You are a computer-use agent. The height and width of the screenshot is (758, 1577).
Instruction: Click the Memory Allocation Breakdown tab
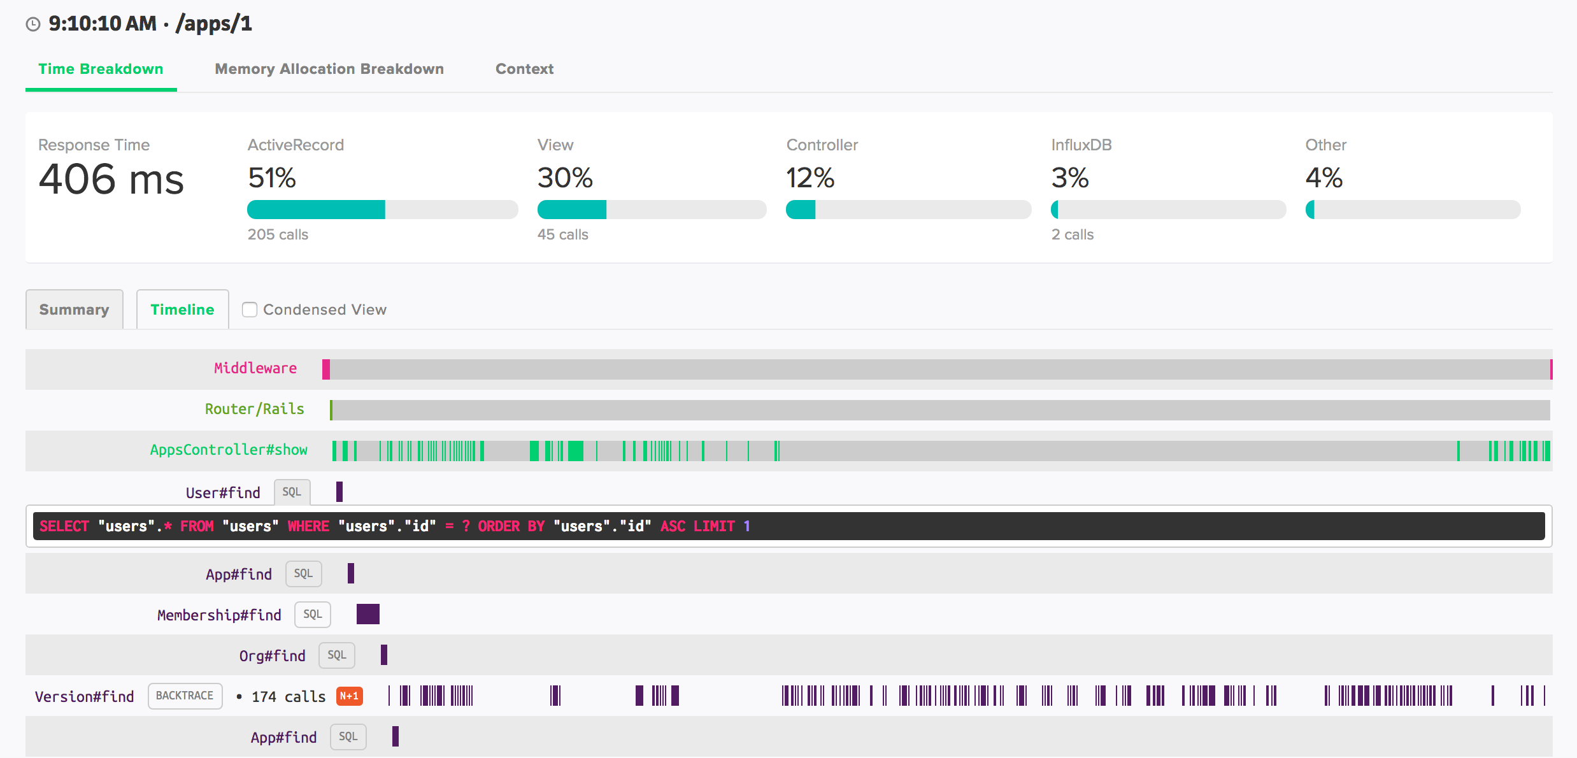[329, 69]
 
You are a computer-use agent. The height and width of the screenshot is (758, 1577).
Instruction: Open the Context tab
[524, 69]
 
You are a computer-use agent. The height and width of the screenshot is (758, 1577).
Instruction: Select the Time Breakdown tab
[101, 69]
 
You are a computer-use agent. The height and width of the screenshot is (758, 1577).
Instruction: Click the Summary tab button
[74, 310]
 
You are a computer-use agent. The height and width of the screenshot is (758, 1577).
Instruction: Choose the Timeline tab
[182, 310]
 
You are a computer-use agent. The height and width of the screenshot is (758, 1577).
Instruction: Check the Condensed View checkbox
[250, 310]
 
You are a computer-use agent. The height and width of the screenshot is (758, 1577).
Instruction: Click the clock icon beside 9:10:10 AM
[33, 24]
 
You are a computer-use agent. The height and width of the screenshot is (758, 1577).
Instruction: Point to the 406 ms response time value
[111, 179]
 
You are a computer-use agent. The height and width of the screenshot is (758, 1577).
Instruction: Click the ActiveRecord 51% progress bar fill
[316, 210]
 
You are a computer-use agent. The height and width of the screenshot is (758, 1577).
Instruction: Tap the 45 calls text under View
[562, 234]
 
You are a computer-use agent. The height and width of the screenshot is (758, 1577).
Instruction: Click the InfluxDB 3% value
[1070, 178]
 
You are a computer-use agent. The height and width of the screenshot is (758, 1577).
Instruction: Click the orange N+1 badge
[349, 696]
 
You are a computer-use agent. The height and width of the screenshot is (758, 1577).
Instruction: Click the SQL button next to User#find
[292, 492]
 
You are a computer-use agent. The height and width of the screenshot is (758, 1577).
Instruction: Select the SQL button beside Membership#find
[312, 614]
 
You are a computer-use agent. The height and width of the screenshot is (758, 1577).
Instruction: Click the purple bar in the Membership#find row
[368, 614]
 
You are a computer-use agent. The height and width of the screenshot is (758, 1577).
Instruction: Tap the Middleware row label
[255, 368]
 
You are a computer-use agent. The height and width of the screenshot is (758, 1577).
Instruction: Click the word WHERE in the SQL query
[308, 526]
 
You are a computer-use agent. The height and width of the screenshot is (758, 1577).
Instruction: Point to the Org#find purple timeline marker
[384, 655]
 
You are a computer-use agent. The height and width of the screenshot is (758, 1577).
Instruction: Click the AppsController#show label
[229, 450]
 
